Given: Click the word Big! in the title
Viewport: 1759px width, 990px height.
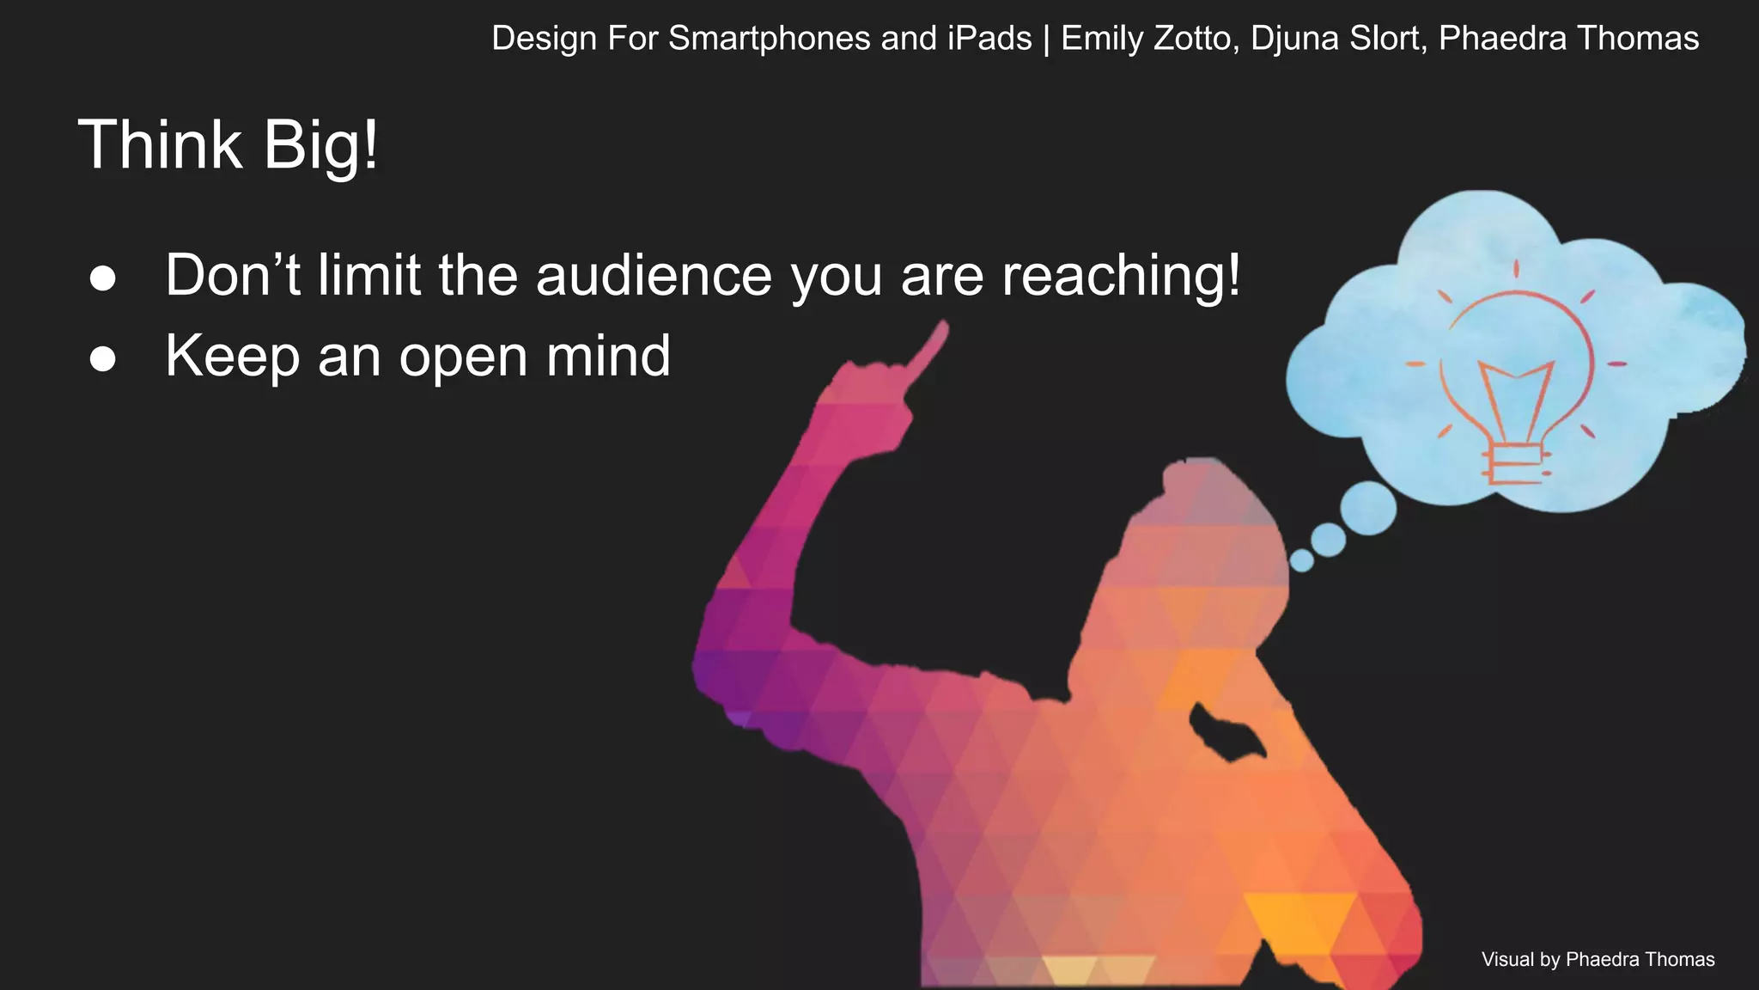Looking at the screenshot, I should [320, 144].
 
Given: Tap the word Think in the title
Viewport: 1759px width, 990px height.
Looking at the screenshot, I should [160, 144].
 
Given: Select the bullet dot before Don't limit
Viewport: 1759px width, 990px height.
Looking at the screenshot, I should [102, 278].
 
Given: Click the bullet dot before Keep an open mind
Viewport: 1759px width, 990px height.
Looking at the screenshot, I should [102, 359].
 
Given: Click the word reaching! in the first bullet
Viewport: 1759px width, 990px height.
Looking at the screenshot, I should [1121, 277].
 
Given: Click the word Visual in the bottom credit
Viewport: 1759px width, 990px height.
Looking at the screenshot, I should [1506, 959].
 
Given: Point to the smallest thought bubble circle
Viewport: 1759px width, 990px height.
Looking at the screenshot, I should [1301, 560].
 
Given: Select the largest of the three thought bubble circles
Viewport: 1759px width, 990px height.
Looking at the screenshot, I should [1367, 507].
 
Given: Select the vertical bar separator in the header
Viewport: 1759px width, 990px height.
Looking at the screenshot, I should [1046, 39].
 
